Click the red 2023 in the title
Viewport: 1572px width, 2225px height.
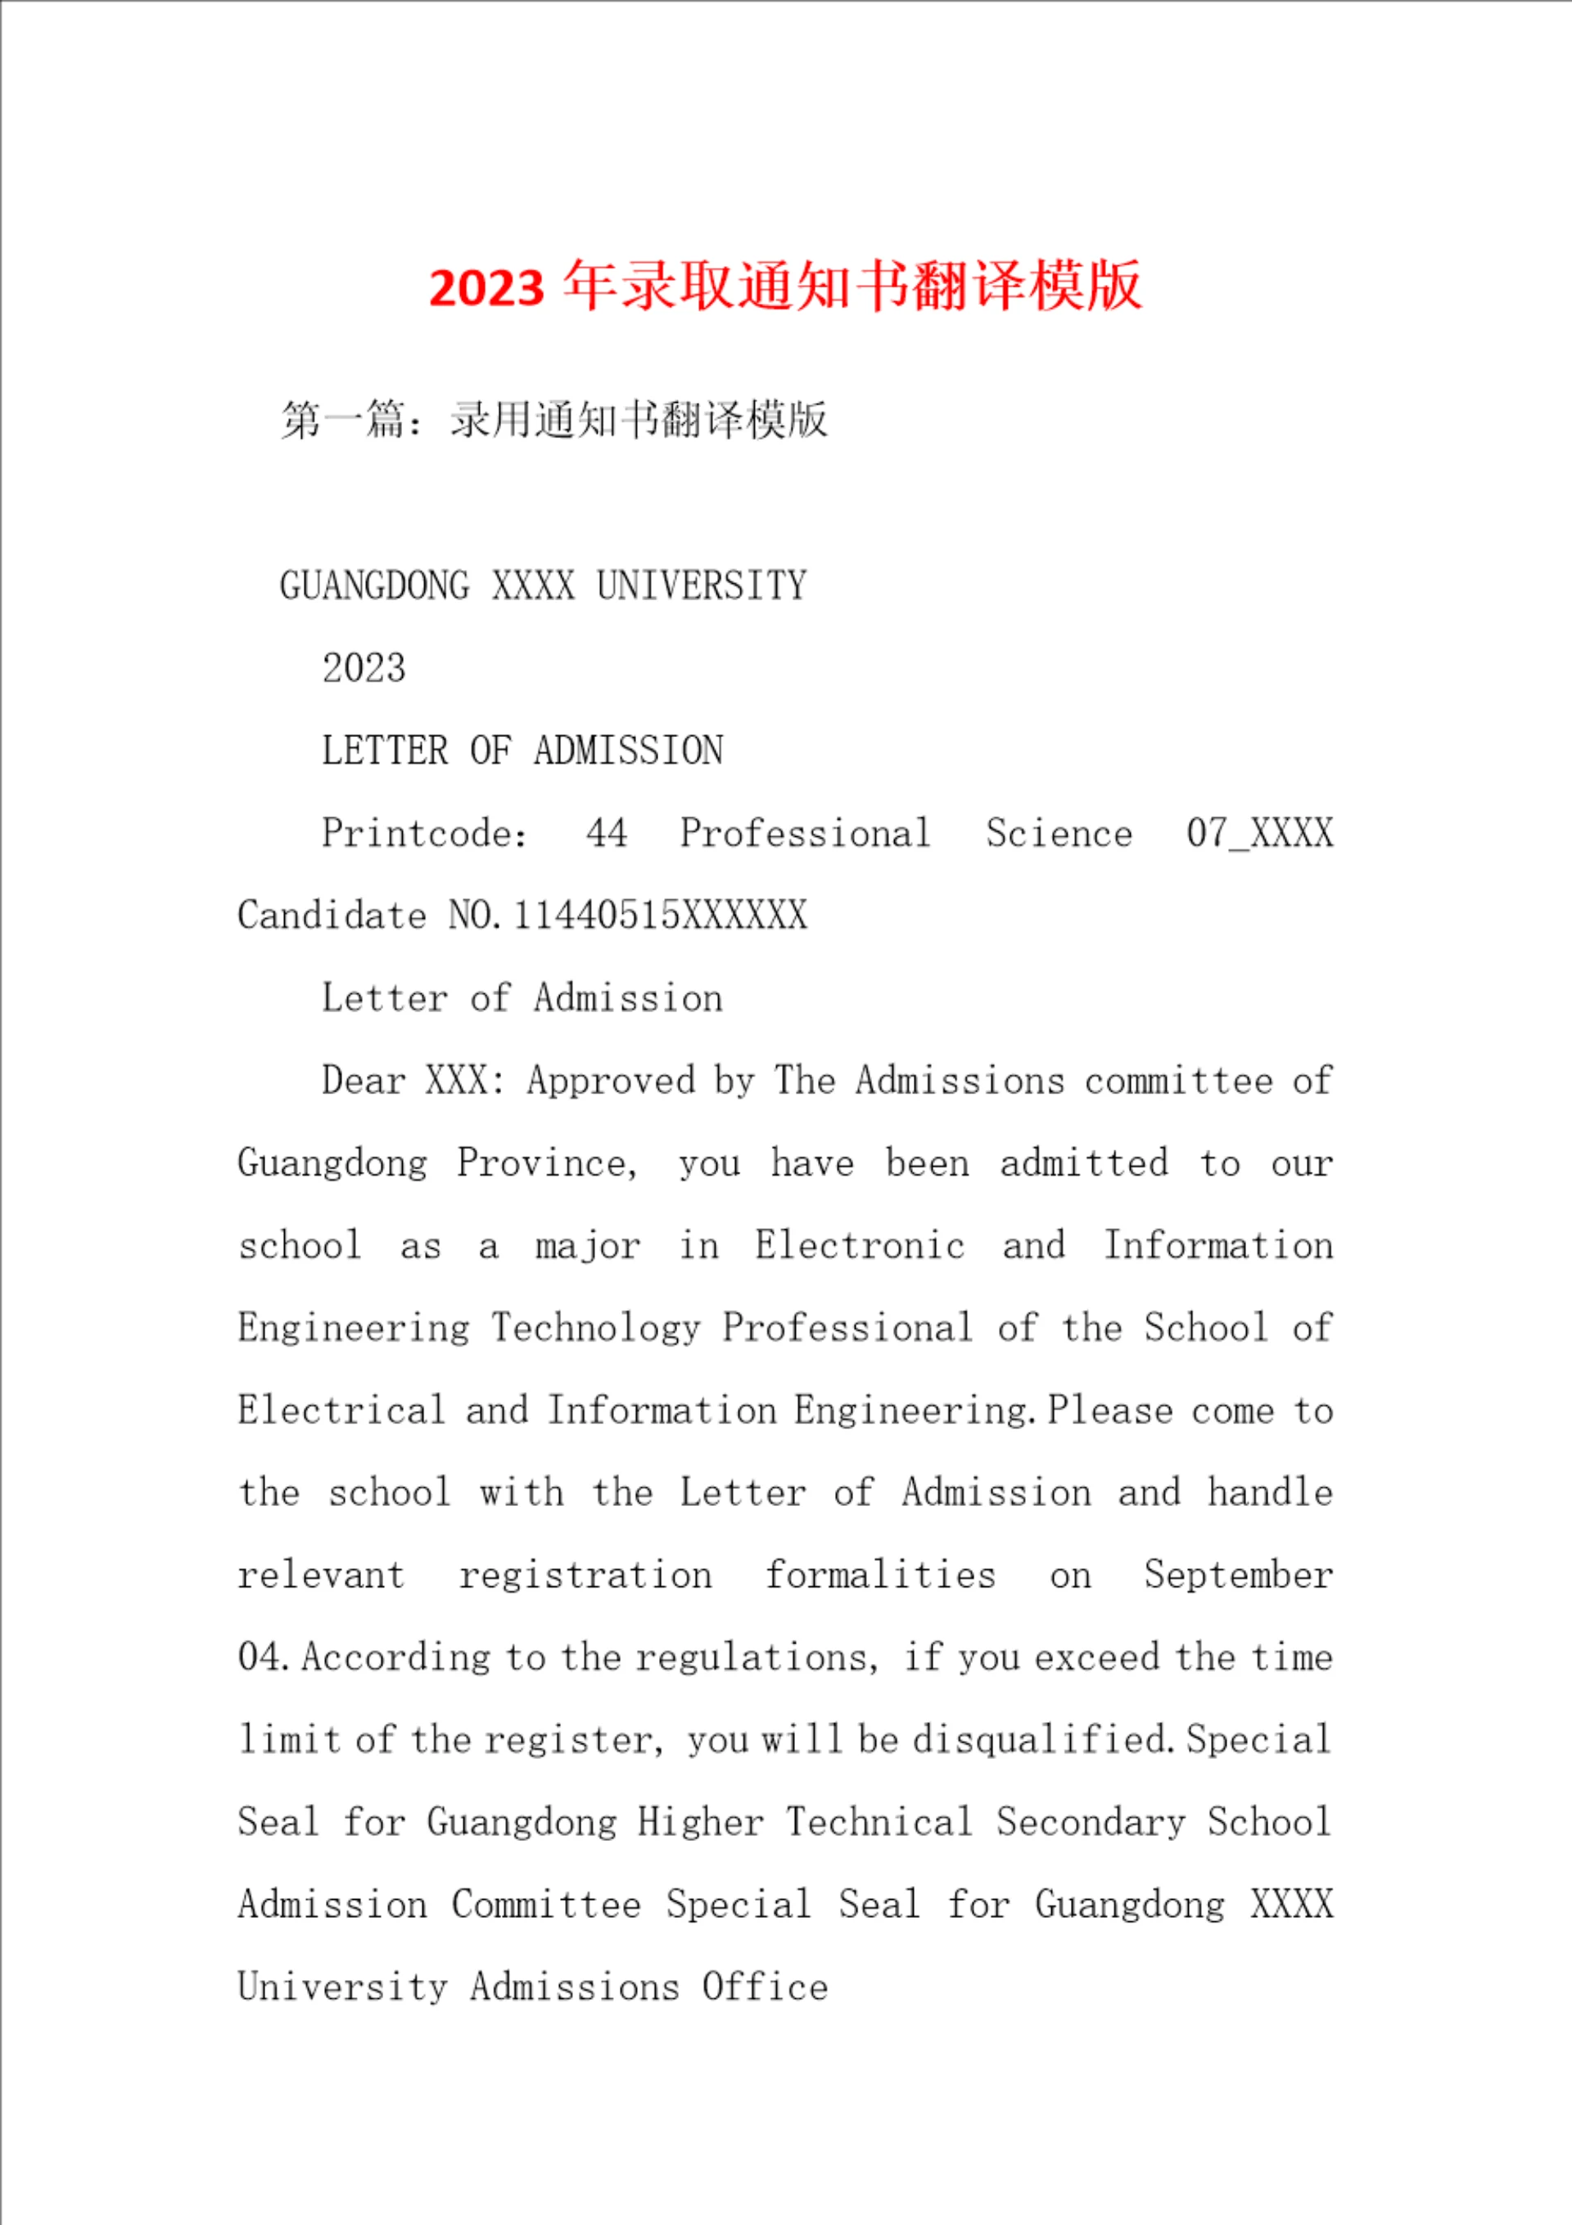[486, 287]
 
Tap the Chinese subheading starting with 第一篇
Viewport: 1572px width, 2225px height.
[553, 419]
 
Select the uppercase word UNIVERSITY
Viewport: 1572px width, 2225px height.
[701, 586]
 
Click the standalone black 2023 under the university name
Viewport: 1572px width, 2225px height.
[364, 667]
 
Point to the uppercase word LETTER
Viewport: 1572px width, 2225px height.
[385, 750]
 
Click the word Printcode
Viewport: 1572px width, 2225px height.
[423, 834]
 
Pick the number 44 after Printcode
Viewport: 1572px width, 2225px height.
[607, 834]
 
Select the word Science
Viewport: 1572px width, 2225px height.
[1059, 834]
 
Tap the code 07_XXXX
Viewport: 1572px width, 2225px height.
[1259, 834]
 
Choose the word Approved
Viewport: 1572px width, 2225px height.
[611, 1080]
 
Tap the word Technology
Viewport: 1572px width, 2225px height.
[595, 1327]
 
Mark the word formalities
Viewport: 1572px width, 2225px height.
[880, 1575]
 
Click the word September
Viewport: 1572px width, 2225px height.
[1238, 1575]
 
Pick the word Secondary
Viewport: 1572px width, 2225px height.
[1091, 1822]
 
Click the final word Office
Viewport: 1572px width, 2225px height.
[765, 1987]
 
